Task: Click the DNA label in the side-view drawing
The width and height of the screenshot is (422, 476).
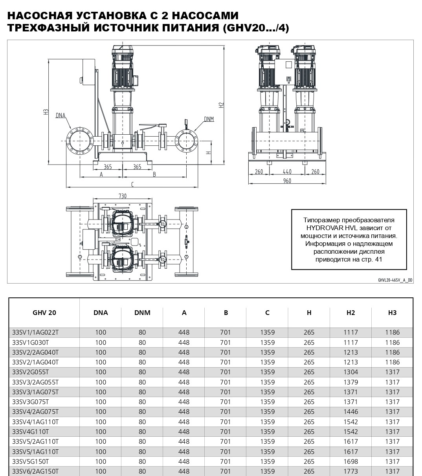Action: tap(61, 115)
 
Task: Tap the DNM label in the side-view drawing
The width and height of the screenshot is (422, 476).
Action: tap(209, 119)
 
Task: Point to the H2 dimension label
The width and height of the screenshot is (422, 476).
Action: tap(221, 105)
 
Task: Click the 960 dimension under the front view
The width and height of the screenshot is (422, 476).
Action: tap(287, 181)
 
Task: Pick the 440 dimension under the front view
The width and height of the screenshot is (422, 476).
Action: tap(287, 172)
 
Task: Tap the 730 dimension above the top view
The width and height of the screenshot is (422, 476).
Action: tap(123, 196)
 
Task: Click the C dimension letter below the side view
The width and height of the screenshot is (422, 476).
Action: tap(132, 184)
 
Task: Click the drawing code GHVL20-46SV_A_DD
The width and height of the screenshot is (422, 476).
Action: tap(395, 280)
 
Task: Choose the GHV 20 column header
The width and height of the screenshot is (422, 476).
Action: tap(44, 313)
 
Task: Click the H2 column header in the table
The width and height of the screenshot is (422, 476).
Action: tap(350, 313)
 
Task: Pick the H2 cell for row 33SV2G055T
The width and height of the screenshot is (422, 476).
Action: tap(350, 372)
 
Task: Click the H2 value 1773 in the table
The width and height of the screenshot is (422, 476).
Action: tap(350, 471)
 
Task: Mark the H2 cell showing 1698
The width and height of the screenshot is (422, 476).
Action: tap(350, 461)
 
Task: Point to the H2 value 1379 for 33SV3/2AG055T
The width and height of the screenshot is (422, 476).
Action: tap(350, 382)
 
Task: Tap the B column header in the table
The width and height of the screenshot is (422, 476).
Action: tap(226, 313)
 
